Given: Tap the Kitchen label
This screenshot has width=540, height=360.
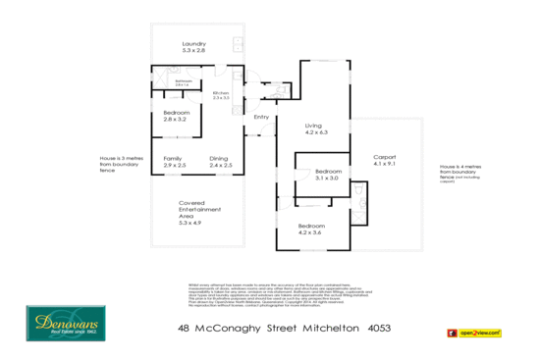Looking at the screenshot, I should (x=221, y=96).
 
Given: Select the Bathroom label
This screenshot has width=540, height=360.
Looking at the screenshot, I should (x=183, y=83).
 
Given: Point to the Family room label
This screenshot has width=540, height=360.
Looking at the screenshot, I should (x=173, y=162).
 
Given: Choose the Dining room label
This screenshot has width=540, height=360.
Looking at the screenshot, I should (x=221, y=162).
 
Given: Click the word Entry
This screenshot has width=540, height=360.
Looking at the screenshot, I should (x=261, y=118).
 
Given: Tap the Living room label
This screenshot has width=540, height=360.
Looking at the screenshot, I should (x=314, y=129).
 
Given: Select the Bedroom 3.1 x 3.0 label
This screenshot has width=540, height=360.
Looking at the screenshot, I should (x=327, y=175).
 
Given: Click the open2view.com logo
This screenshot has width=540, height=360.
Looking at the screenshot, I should (x=475, y=333).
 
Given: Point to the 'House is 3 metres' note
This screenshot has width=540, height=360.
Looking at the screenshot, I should (x=119, y=163).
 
